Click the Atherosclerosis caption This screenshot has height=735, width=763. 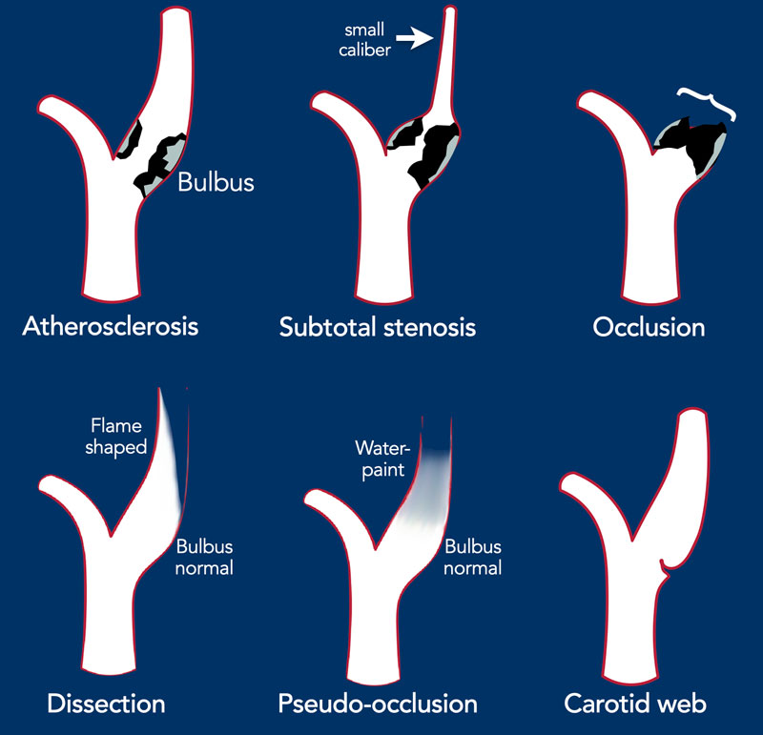click(x=111, y=326)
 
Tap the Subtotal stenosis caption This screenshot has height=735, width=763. click(x=378, y=327)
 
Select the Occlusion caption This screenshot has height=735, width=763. click(x=649, y=327)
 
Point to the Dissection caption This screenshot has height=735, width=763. click(x=106, y=704)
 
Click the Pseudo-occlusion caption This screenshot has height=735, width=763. click(x=378, y=704)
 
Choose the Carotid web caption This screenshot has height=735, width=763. click(x=635, y=704)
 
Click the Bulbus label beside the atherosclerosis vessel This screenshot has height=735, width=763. click(x=217, y=182)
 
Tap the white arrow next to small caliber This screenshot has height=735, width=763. click(x=415, y=38)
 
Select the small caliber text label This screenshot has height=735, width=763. click(x=364, y=40)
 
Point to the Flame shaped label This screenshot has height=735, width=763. click(x=115, y=437)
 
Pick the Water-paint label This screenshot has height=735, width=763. click(x=382, y=459)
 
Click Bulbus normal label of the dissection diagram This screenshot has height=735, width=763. click(x=204, y=558)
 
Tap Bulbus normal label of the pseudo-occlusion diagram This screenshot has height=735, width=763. click(x=472, y=558)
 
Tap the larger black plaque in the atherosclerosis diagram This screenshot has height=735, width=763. click(x=159, y=161)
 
